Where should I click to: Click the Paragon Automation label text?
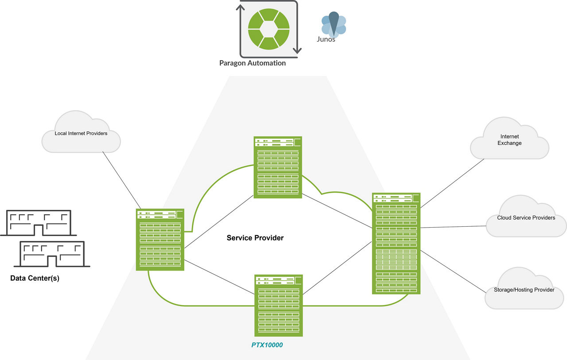pyautogui.click(x=252, y=63)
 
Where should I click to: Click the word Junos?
pyautogui.click(x=326, y=39)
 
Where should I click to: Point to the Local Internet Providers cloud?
pyautogui.click(x=81, y=133)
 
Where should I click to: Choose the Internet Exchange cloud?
pyautogui.click(x=509, y=140)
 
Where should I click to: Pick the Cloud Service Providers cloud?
pyautogui.click(x=526, y=217)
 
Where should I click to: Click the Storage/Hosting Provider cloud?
pyautogui.click(x=524, y=290)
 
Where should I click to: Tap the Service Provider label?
pyautogui.click(x=255, y=238)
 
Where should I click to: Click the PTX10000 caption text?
pyautogui.click(x=267, y=344)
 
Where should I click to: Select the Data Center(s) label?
pyautogui.click(x=35, y=279)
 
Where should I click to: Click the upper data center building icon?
pyautogui.click(x=39, y=223)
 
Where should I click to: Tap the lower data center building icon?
pyautogui.click(x=52, y=254)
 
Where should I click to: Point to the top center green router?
pyautogui.click(x=278, y=167)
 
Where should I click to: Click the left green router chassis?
pyautogui.click(x=160, y=240)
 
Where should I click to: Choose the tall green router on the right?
pyautogui.click(x=396, y=243)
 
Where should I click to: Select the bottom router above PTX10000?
pyautogui.click(x=279, y=305)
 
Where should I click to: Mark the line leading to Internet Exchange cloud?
pyautogui.click(x=452, y=183)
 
